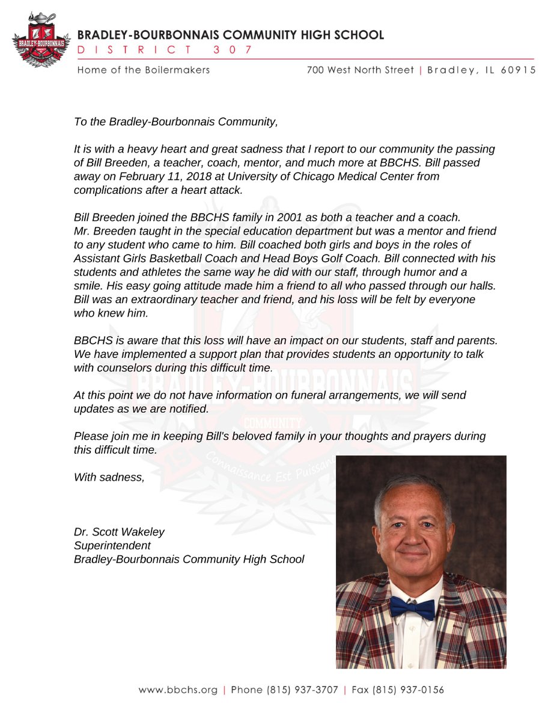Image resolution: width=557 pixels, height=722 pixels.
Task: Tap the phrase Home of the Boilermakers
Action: pos(144,70)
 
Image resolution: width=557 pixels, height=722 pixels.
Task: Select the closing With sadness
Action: pos(109,477)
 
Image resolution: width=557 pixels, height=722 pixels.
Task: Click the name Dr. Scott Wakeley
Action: pos(118,532)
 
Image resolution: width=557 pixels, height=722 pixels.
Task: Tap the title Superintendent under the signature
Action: pos(112,546)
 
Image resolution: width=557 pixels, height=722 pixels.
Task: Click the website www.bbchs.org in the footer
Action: pos(178,690)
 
